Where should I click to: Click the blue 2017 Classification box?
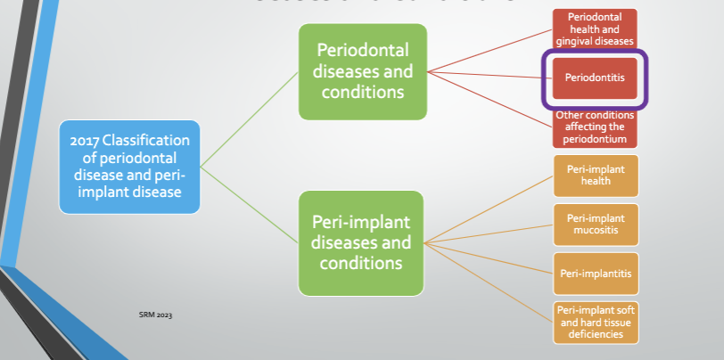pyautogui.click(x=130, y=167)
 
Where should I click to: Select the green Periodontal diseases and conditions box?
pyautogui.click(x=362, y=71)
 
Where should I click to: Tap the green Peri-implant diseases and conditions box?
pyautogui.click(x=362, y=243)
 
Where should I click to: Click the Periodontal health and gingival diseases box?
pyautogui.click(x=595, y=29)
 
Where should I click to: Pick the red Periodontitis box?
pyautogui.click(x=595, y=78)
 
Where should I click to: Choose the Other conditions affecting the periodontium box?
pyautogui.click(x=595, y=127)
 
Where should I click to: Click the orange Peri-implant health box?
pyautogui.click(x=596, y=175)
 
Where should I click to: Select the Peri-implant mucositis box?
pyautogui.click(x=596, y=225)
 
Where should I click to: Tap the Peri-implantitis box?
pyautogui.click(x=596, y=273)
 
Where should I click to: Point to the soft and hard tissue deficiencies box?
pyautogui.click(x=596, y=322)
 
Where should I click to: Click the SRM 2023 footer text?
pyautogui.click(x=156, y=315)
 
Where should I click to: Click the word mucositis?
pyautogui.click(x=596, y=230)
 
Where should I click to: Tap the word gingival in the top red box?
pyautogui.click(x=577, y=41)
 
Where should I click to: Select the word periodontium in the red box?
pyautogui.click(x=595, y=139)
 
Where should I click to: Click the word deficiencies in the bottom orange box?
pyautogui.click(x=596, y=333)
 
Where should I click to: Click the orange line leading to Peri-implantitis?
pyautogui.click(x=490, y=258)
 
